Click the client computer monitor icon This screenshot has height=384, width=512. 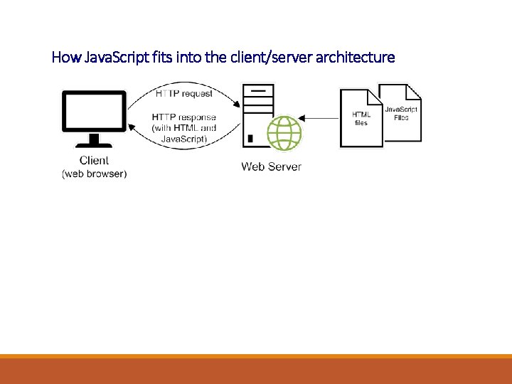pyautogui.click(x=94, y=118)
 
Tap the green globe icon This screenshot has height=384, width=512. pyautogui.click(x=284, y=132)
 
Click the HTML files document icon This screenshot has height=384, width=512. pyautogui.click(x=361, y=118)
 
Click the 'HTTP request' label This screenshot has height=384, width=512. pyautogui.click(x=183, y=94)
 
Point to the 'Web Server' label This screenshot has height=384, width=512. pyautogui.click(x=271, y=166)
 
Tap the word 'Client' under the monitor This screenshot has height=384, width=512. pyautogui.click(x=94, y=161)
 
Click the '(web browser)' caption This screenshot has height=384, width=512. pyautogui.click(x=94, y=174)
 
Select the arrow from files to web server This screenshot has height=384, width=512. pyautogui.click(x=320, y=118)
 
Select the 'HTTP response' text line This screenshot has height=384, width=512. pyautogui.click(x=183, y=117)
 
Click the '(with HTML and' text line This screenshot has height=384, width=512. pyautogui.click(x=183, y=128)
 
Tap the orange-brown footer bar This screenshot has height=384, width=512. pyautogui.click(x=256, y=370)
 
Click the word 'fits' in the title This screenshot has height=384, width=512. pyautogui.click(x=160, y=57)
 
